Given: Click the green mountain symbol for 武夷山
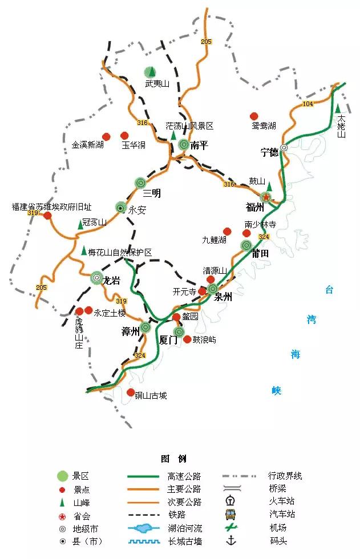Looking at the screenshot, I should [149, 72].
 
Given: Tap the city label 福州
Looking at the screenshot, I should [254, 206].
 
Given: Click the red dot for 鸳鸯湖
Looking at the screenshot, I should [254, 116].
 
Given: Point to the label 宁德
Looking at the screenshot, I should [269, 152].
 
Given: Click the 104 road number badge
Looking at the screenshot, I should [308, 104].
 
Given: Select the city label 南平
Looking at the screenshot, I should [199, 145].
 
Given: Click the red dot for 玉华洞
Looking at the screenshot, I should [124, 136].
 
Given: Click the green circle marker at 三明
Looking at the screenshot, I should [140, 183].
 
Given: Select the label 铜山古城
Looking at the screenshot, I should [151, 395].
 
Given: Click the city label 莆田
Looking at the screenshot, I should [260, 253].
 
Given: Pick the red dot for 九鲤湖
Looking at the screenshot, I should [227, 231].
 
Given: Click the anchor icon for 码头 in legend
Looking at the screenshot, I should [231, 540].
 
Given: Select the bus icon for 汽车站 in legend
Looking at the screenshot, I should [231, 514].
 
